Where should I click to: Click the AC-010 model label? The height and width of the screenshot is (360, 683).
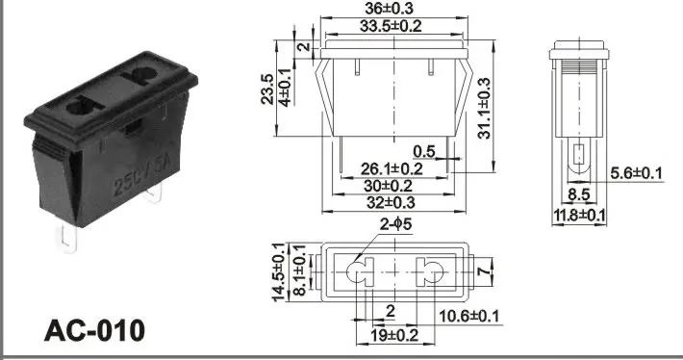point(95,330)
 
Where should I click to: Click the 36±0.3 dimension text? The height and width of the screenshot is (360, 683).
point(392,10)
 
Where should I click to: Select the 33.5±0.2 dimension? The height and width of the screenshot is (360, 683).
point(392,26)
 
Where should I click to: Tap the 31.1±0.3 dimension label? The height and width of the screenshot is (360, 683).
point(484,107)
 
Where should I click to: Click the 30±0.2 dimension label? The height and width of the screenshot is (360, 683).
point(388,185)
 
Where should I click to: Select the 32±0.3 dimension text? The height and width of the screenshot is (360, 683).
point(390,202)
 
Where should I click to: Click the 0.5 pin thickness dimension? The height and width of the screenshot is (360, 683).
point(424,151)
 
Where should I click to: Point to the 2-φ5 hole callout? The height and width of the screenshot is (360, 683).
point(396,226)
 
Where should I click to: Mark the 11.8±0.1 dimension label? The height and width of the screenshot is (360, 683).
point(578,215)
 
